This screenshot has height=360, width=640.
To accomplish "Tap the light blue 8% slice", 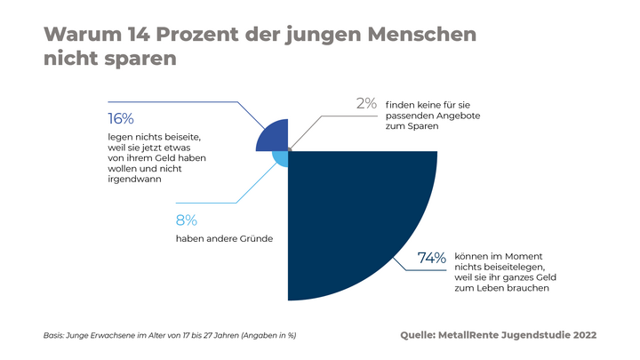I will click(x=279, y=159).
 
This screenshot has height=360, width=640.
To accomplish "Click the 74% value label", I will click(x=431, y=259).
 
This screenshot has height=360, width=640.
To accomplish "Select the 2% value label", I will click(x=367, y=103).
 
